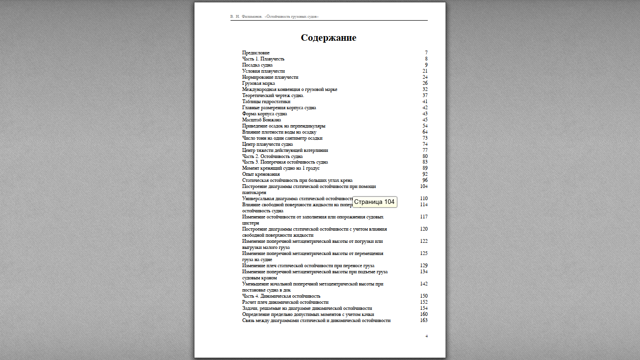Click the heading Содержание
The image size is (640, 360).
(x=328, y=38)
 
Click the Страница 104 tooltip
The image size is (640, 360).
(x=374, y=202)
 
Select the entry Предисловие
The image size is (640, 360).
(x=256, y=53)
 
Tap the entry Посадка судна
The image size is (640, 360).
(x=257, y=65)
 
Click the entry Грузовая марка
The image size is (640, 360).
(x=259, y=83)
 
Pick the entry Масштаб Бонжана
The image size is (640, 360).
(x=261, y=120)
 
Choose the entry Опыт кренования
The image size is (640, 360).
(x=261, y=174)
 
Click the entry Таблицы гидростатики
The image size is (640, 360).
(x=266, y=102)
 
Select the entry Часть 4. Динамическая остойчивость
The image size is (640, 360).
(x=281, y=296)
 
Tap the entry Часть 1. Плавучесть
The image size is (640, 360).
(x=263, y=59)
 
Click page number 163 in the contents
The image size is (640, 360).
(x=424, y=321)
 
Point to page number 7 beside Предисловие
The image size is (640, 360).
(x=426, y=53)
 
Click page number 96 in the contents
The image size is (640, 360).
(x=424, y=180)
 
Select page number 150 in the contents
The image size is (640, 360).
(x=424, y=296)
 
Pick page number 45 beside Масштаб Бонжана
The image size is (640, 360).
(x=424, y=120)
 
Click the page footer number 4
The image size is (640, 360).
(x=426, y=337)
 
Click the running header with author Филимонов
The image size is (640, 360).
(x=275, y=17)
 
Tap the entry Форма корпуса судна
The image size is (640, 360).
(x=265, y=114)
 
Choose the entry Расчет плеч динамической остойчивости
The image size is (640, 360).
(x=285, y=302)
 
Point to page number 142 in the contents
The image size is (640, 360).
(x=424, y=284)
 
